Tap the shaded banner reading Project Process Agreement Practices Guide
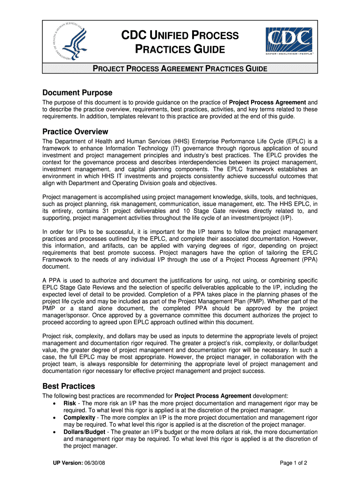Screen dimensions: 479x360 pyautogui.click(x=180, y=69)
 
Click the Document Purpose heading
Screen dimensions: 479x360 pyautogui.click(x=77, y=93)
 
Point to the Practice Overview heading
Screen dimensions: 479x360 pyautogui.click(x=75, y=131)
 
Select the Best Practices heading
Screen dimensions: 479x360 pyautogui.click(x=69, y=386)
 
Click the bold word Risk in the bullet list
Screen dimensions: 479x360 pyautogui.click(x=70, y=403)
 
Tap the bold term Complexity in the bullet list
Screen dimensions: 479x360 pyautogui.click(x=79, y=417)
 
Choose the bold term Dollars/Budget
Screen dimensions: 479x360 pyautogui.click(x=85, y=432)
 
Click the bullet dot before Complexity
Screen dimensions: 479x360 pyautogui.click(x=56, y=418)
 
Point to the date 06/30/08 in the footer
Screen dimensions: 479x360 pyautogui.click(x=98, y=464)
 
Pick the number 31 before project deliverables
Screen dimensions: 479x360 pyautogui.click(x=111, y=211)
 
